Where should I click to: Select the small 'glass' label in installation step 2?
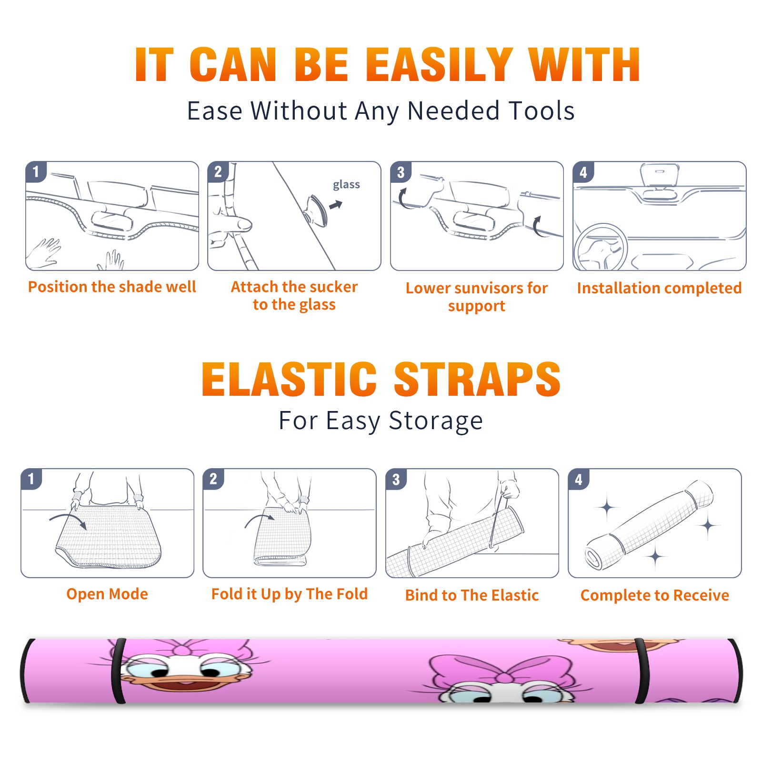346,184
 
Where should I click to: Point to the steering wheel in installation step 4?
601,247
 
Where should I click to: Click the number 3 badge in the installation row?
401,172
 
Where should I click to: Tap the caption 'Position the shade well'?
112,287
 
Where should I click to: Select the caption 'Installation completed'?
659,288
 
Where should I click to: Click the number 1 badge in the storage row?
31,479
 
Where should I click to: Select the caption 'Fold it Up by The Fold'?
290,594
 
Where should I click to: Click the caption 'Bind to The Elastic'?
472,595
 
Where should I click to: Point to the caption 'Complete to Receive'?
655,595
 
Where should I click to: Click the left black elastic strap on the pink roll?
118,671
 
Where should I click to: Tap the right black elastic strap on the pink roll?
642,671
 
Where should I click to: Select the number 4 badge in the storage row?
579,479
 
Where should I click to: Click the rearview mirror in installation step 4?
659,175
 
